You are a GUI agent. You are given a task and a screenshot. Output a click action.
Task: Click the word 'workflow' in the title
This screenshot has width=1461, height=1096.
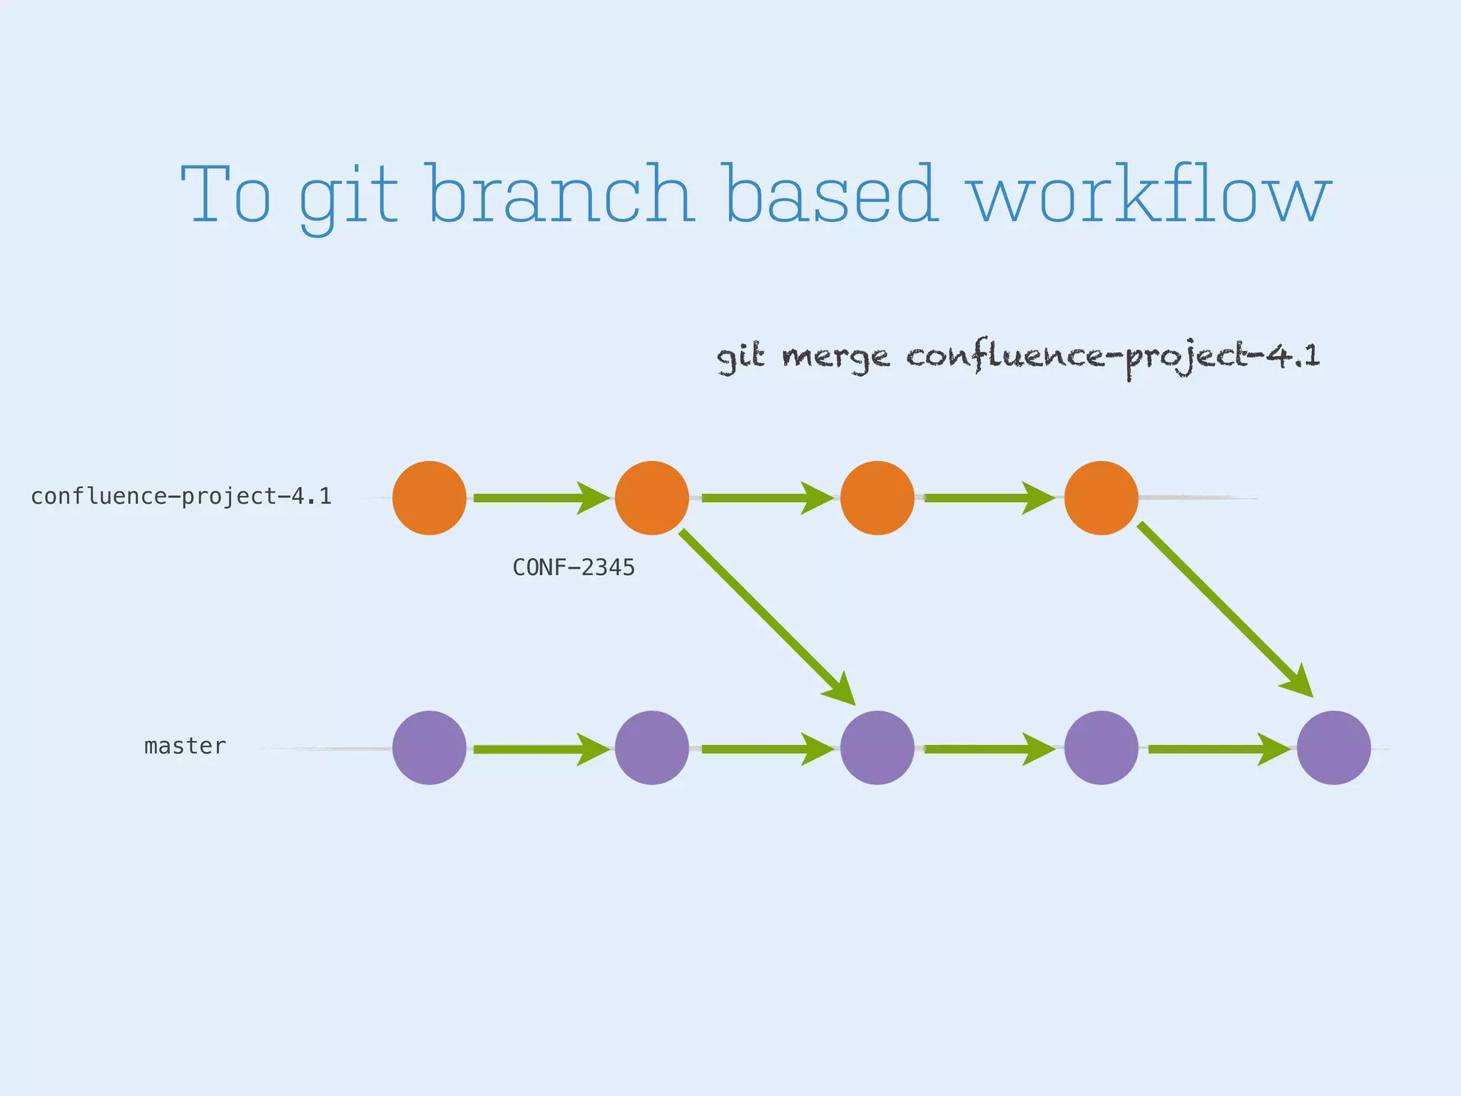(1149, 194)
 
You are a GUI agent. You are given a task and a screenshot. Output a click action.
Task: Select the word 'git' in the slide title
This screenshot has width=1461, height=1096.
(347, 196)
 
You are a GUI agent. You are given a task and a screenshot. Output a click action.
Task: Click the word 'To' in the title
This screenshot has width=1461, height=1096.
(226, 194)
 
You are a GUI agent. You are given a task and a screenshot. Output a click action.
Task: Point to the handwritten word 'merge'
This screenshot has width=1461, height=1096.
(835, 357)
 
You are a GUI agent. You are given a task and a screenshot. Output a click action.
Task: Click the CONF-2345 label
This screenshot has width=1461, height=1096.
(574, 568)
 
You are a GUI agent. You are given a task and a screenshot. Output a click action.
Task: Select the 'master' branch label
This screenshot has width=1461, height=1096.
(185, 746)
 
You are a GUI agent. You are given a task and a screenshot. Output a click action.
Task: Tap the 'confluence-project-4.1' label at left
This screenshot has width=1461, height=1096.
(181, 497)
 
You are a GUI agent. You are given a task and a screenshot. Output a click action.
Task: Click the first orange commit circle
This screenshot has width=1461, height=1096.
(429, 498)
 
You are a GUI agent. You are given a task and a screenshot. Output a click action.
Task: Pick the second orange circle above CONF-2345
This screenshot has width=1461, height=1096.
(652, 498)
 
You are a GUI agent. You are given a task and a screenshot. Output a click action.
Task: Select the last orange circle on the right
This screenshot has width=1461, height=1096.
(1101, 498)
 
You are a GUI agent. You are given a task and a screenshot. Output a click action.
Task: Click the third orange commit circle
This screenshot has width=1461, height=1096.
(877, 498)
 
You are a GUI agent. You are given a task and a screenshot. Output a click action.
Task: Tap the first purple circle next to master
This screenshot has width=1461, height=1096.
(429, 748)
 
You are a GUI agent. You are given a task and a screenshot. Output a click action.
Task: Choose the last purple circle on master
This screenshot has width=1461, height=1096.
(1333, 748)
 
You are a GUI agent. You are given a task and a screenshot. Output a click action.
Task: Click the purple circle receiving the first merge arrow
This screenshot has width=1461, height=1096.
(877, 748)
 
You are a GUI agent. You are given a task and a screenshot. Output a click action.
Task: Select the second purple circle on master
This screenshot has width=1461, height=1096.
(652, 748)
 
